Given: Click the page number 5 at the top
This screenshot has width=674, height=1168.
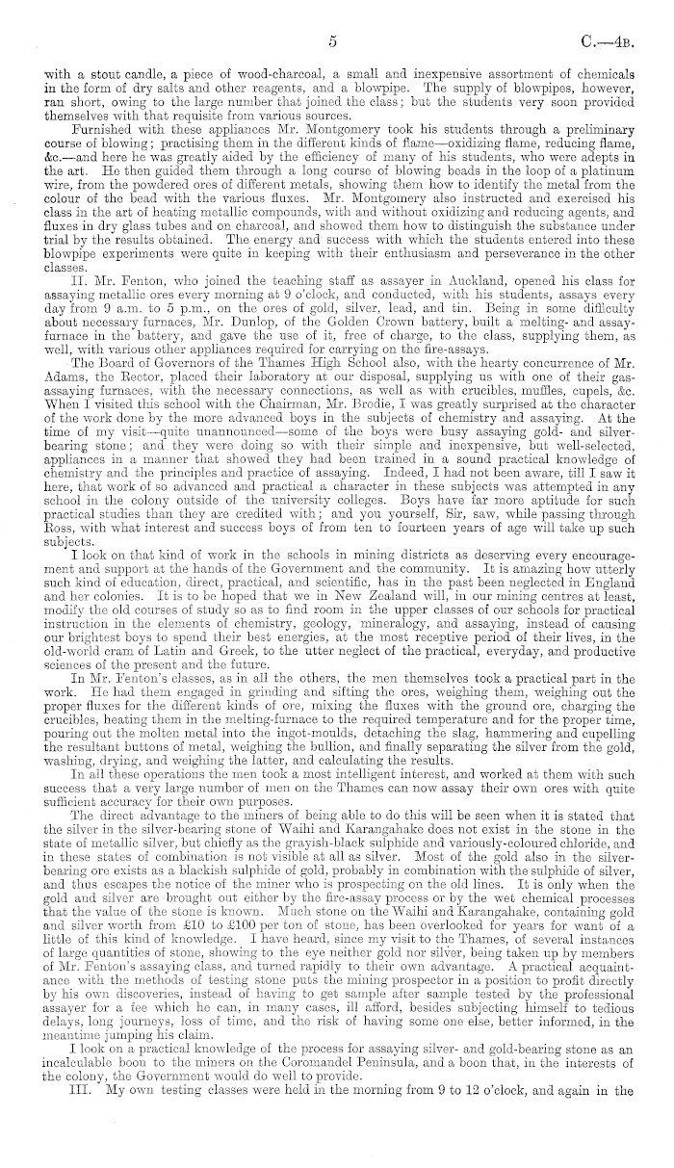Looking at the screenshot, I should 331,41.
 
